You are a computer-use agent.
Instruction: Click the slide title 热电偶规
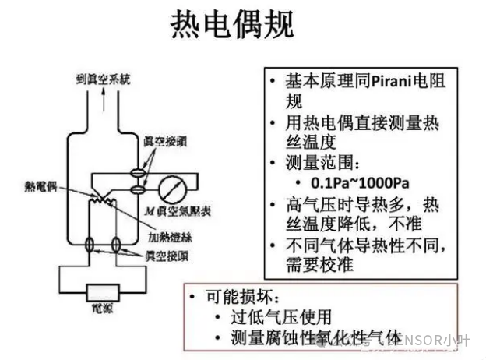click(x=233, y=25)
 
